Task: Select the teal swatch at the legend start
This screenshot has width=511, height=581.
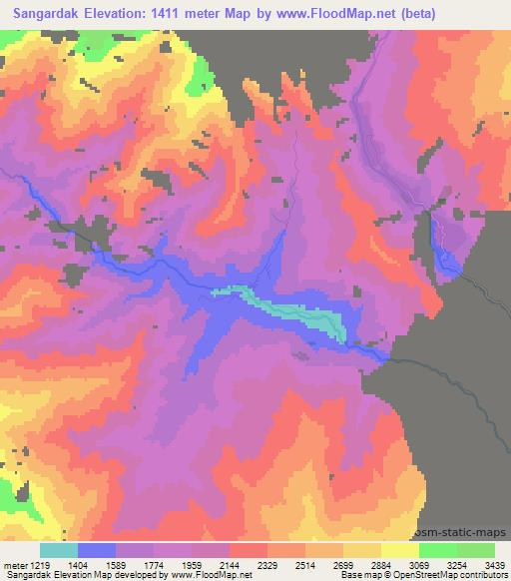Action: pyautogui.click(x=59, y=550)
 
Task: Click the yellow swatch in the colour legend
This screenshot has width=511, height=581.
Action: pyautogui.click(x=399, y=550)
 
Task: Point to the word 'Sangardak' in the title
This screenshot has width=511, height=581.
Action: pyautogui.click(x=45, y=12)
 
